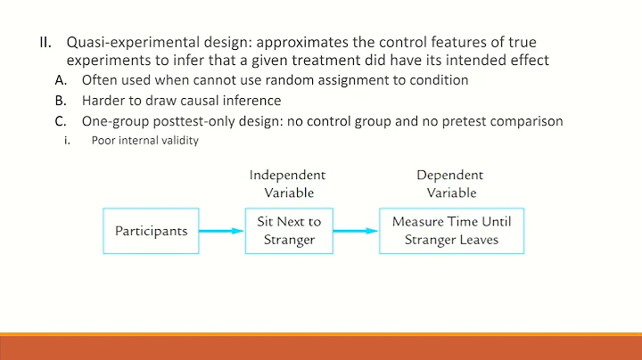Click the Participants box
point(151,231)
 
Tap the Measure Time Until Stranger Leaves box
point(452,231)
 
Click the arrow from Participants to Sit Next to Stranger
point(220,231)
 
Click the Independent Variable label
point(287,184)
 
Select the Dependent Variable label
point(451,184)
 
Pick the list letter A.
point(61,80)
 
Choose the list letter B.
point(61,101)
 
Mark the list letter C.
point(61,121)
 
